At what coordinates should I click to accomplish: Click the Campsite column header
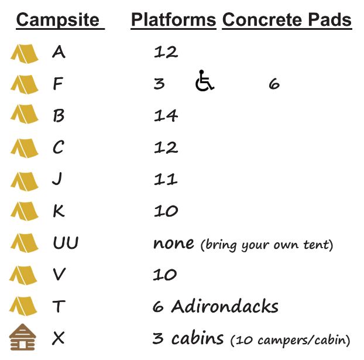point(58,20)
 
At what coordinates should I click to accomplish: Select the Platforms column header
point(173,20)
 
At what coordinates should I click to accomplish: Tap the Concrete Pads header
point(287,20)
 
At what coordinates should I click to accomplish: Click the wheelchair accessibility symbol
point(204,80)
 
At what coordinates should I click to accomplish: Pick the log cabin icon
point(22,337)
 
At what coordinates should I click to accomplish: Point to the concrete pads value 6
point(274,84)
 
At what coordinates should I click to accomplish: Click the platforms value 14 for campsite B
point(166,115)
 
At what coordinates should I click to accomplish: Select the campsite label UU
point(66,243)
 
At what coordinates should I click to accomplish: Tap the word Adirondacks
point(225,306)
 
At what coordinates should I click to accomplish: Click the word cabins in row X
point(198,338)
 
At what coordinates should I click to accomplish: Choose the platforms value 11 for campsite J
point(166,179)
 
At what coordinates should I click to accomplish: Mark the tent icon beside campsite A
point(25,54)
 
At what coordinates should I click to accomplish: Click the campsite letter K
point(59,211)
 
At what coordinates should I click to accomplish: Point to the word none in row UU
point(174,244)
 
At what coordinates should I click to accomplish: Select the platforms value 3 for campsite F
point(159,84)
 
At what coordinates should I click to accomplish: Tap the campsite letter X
point(59,338)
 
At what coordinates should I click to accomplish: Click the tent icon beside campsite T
point(23,306)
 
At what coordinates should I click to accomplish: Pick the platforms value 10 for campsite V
point(164,275)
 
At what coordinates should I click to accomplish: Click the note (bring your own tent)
point(267,245)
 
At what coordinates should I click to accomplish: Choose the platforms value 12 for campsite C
point(166,148)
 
